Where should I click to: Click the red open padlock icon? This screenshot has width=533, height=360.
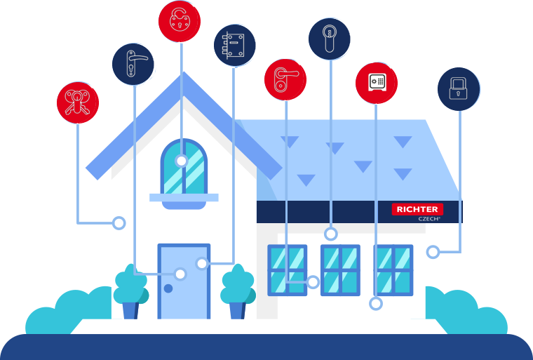pos(180,21)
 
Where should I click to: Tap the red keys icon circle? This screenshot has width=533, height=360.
pos(78,102)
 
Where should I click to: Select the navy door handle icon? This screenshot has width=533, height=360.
pos(133,64)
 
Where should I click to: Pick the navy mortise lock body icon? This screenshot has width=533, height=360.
pos(234,45)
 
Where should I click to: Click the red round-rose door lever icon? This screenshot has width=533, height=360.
pos(285,80)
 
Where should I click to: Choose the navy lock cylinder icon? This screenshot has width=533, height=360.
pos(330,39)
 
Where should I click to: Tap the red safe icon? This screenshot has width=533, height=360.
pos(377,83)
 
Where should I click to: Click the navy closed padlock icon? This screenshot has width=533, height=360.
pos(459,89)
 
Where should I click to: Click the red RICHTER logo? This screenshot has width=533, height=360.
pos(417,209)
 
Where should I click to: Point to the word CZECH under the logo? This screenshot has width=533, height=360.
pos(429,219)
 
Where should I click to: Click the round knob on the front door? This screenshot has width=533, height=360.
pos(168,288)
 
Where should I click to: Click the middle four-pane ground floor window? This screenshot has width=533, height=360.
pos(340,270)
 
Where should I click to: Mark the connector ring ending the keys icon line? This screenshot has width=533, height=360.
pos(119,223)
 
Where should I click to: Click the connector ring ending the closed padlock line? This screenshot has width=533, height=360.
pos(433,252)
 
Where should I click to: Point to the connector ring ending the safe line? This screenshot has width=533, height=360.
pos(376,304)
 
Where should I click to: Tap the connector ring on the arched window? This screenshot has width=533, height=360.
pos(182,161)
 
